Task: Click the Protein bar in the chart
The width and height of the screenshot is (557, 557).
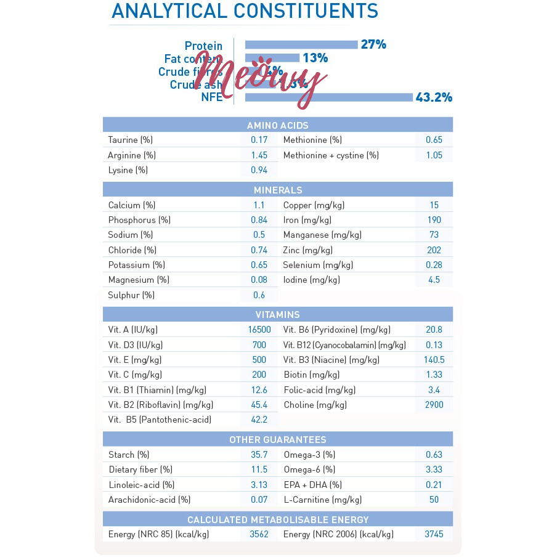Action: pos(301,44)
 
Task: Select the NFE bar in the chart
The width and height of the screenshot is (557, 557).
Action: pos(329,97)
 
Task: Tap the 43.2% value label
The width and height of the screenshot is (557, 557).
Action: pos(434,97)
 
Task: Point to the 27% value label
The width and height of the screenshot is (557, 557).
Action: pos(373,44)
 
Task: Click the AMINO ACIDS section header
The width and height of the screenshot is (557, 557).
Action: pos(278,125)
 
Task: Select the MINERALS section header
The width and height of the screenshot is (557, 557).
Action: pos(278,190)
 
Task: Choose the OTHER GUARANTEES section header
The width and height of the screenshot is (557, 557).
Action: pos(278,440)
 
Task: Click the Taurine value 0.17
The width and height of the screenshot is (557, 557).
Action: pos(259,140)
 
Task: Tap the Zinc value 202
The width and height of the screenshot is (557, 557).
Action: pos(434,250)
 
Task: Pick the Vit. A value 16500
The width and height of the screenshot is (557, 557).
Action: pos(259,330)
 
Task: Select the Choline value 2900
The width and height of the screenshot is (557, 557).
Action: pos(434,405)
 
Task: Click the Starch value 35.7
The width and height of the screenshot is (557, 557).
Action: pos(259,455)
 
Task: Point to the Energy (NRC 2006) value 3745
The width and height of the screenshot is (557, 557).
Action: pos(434,534)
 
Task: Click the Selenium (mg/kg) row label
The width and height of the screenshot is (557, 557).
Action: pos(318,265)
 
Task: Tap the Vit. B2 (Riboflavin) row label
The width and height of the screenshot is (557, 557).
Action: pos(160,405)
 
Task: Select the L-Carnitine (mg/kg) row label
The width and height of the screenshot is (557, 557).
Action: pos(322,500)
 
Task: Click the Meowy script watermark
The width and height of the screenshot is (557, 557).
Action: pos(265,80)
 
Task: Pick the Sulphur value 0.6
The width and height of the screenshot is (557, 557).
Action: pos(259,295)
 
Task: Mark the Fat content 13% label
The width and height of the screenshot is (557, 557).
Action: pos(315,58)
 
